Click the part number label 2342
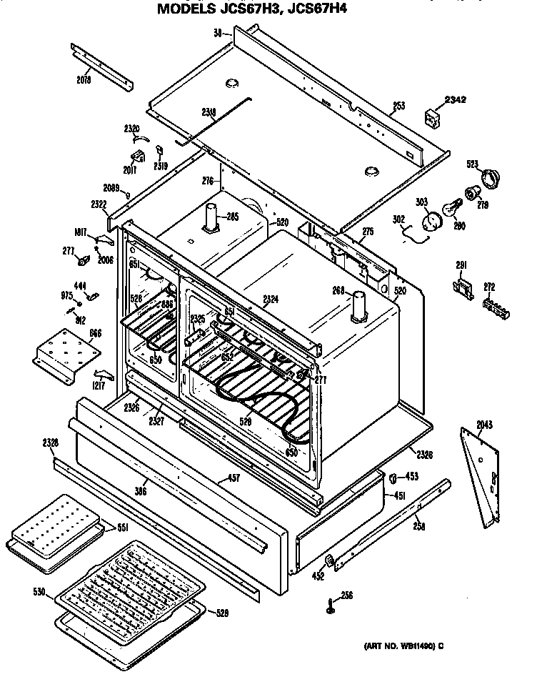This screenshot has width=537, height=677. [456, 99]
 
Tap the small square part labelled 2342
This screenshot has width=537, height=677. [433, 117]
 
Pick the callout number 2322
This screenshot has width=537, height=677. [99, 204]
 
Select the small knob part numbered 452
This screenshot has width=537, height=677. [330, 560]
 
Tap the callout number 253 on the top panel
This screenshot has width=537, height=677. [398, 107]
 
